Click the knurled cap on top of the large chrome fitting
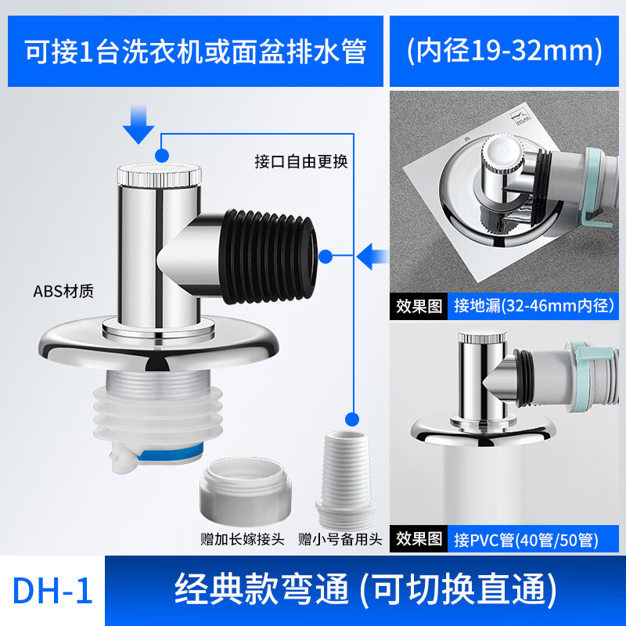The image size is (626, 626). coord(160,174)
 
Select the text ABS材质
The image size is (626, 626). coord(63,291)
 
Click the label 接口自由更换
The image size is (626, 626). coord(301,161)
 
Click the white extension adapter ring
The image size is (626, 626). coord(245,491)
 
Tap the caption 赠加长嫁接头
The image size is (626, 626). coord(243,539)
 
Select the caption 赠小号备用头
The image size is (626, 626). coord(340,539)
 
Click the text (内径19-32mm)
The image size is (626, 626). coord(504,50)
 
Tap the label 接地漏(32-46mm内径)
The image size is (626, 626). coord(534,306)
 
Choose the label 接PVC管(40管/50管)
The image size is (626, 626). coord(526,540)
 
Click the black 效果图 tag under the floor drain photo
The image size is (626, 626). coord(419,306)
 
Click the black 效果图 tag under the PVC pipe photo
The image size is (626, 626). coord(419,539)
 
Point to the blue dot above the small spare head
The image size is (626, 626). coord(351,419)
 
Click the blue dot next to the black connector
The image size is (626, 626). coord(326,257)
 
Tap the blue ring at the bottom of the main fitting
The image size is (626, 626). coord(170,454)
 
